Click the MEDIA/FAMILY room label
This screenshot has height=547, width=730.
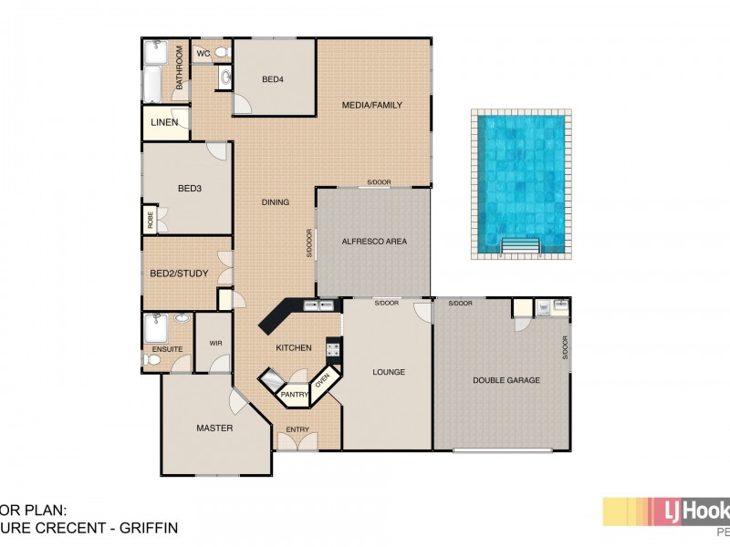(x=371, y=105)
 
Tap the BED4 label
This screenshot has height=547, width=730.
(x=273, y=79)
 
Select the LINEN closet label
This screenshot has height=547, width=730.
(x=165, y=122)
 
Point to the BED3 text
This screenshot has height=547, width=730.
(x=189, y=189)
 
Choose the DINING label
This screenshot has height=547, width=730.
(x=276, y=202)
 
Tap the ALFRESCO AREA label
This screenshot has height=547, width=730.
(x=373, y=242)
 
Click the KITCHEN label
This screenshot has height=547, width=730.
(x=295, y=347)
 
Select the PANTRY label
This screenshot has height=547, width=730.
(x=294, y=395)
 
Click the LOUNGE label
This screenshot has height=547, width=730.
(x=389, y=372)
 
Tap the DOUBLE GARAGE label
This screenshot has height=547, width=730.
(x=506, y=380)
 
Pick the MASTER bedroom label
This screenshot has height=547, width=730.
(x=214, y=428)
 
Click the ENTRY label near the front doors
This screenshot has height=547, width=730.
(x=297, y=429)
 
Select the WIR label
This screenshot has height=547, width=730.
(x=215, y=344)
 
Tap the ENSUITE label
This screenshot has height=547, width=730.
(x=167, y=348)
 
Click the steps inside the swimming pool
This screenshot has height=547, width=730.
(x=522, y=246)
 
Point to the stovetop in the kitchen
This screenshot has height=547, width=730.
(x=333, y=348)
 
